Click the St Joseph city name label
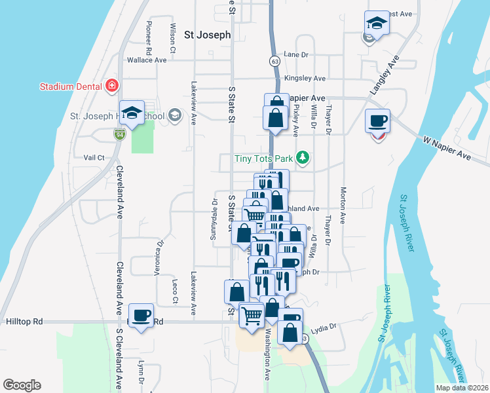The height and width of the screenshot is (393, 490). [x=207, y=35]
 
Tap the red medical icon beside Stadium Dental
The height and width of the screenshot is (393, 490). [x=112, y=86]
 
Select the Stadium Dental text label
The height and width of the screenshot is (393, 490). [x=69, y=86]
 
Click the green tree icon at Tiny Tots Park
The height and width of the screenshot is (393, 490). [x=302, y=157]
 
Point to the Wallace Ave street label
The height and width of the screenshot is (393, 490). [x=147, y=60]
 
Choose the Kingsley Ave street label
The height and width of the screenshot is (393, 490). [x=305, y=78]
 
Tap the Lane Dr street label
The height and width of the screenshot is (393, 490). [x=296, y=55]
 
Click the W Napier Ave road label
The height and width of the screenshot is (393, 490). [x=447, y=148]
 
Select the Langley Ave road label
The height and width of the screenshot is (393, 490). [x=384, y=75]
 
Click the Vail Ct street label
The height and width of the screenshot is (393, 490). [x=94, y=157]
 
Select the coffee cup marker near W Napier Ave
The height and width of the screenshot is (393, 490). [x=377, y=121]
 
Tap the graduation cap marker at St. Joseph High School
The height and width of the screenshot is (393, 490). [x=132, y=112]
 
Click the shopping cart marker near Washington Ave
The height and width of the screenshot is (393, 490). [x=252, y=315]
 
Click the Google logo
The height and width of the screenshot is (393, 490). [x=22, y=385]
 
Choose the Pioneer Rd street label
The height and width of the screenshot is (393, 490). [x=149, y=39]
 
